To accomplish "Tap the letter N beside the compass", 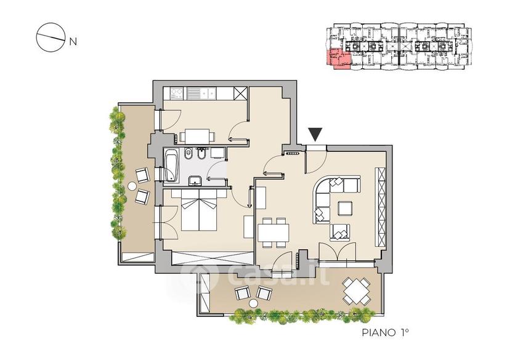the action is coord(73,42).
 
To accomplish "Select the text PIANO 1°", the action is coord(385,332).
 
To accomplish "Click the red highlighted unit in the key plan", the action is coord(339,60).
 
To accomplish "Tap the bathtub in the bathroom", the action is coord(171,167).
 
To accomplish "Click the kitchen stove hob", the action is coord(177,94).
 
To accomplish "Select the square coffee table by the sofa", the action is coord(345,209).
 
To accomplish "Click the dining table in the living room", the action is coord(273,233).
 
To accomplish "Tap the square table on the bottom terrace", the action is coord(357,290).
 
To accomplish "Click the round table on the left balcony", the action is coord(132,186).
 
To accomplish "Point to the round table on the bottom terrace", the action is coord(253,303).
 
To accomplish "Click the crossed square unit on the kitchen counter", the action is coord(241,94).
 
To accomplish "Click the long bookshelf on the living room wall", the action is coord(381,207).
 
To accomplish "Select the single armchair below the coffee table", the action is coord(340,233).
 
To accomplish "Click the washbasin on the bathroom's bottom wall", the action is coord(195,180).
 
